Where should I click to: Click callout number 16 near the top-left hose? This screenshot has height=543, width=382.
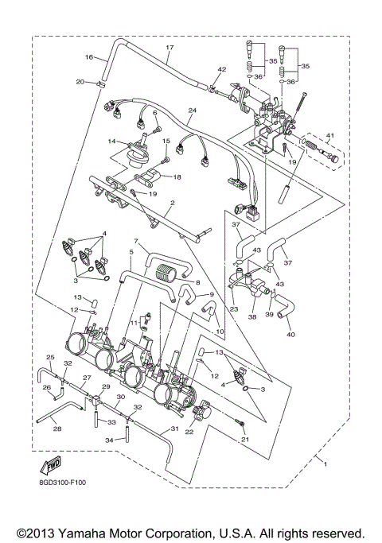(89, 56)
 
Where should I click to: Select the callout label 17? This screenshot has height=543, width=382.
(169, 48)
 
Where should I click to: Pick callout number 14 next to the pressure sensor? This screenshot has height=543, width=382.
(113, 142)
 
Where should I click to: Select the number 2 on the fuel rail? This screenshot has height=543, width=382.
(172, 204)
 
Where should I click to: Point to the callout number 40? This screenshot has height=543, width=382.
(290, 335)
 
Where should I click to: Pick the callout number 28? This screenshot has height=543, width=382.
(57, 429)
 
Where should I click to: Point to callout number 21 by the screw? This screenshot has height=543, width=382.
(244, 440)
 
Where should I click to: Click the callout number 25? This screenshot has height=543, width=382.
(49, 357)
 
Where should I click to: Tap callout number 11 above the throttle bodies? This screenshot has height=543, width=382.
(134, 324)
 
